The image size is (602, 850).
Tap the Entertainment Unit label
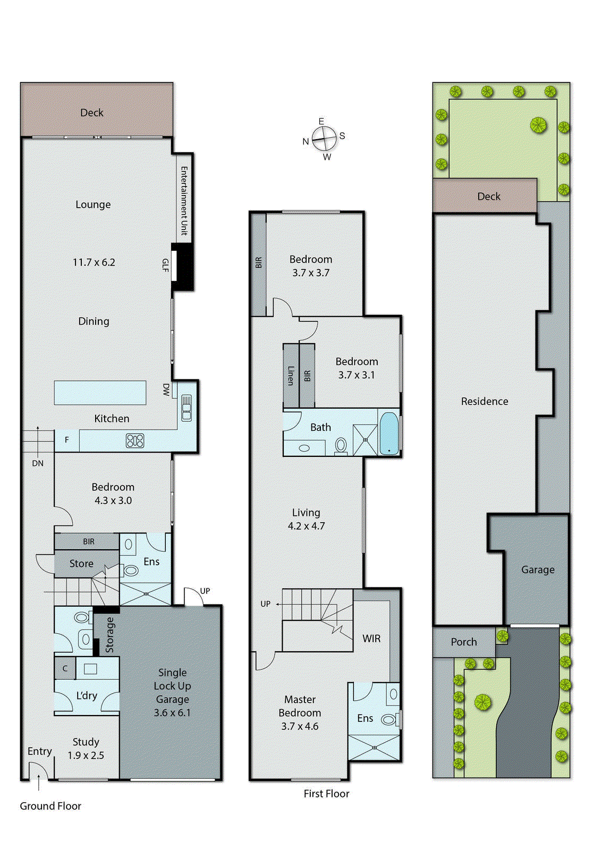(184, 201)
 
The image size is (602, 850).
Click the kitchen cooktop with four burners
(135, 440)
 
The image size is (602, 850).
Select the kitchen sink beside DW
(186, 408)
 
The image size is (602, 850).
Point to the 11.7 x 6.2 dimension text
(94, 262)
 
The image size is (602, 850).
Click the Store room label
(81, 564)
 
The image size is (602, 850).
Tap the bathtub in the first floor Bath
(389, 434)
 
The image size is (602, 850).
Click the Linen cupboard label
(291, 375)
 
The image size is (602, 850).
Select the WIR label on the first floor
(371, 639)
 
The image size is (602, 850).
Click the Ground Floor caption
(50, 806)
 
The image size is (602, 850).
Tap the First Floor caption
(326, 794)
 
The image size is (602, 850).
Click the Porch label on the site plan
(464, 642)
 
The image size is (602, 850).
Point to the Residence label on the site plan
(485, 402)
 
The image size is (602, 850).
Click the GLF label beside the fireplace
(165, 265)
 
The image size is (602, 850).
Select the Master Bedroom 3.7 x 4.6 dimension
(300, 726)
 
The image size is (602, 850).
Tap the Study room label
(86, 742)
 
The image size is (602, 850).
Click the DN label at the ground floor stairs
(38, 463)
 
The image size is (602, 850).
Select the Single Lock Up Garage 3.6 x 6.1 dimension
(172, 713)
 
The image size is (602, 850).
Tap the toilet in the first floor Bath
(341, 445)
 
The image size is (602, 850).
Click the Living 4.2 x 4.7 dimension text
(306, 526)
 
